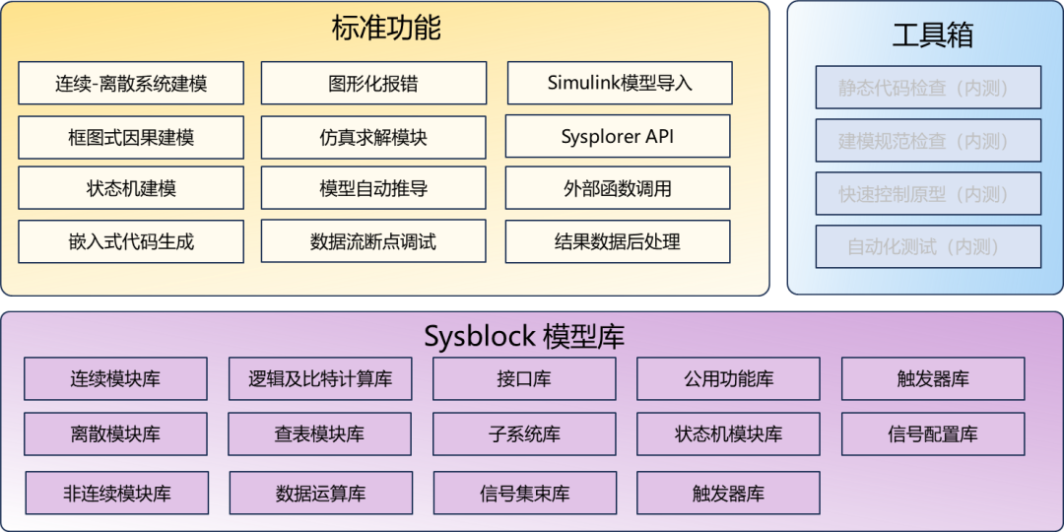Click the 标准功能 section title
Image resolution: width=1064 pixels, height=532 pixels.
click(x=385, y=28)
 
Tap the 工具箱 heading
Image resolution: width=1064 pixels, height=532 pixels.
click(x=932, y=35)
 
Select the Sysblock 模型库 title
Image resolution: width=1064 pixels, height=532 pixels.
click(x=524, y=337)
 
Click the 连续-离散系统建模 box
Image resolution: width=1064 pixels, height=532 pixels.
click(x=131, y=84)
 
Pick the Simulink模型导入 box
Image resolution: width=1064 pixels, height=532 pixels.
click(x=620, y=83)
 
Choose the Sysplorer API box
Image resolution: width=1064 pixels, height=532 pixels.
click(x=618, y=136)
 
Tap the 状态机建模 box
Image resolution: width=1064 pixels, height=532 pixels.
click(x=131, y=188)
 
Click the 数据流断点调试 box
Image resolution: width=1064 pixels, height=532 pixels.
click(x=373, y=241)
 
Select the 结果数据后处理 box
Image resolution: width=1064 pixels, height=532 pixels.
click(x=618, y=241)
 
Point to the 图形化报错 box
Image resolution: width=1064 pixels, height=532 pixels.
click(x=373, y=84)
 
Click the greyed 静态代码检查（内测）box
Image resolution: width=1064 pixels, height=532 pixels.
click(x=928, y=88)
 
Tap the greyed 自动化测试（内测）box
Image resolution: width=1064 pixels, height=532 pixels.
click(x=928, y=246)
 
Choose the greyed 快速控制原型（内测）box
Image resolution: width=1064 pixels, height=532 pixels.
click(x=928, y=194)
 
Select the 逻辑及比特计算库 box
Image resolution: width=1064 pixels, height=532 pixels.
click(x=320, y=378)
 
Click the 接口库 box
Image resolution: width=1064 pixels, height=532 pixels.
click(x=524, y=378)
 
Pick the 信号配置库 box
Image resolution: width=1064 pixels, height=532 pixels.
click(x=933, y=433)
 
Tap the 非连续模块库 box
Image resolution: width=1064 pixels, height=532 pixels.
click(x=117, y=493)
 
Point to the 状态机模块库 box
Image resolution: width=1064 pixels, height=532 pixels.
click(x=728, y=433)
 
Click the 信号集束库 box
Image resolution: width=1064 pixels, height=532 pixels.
click(x=525, y=493)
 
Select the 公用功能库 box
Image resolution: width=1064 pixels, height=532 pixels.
click(x=728, y=378)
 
